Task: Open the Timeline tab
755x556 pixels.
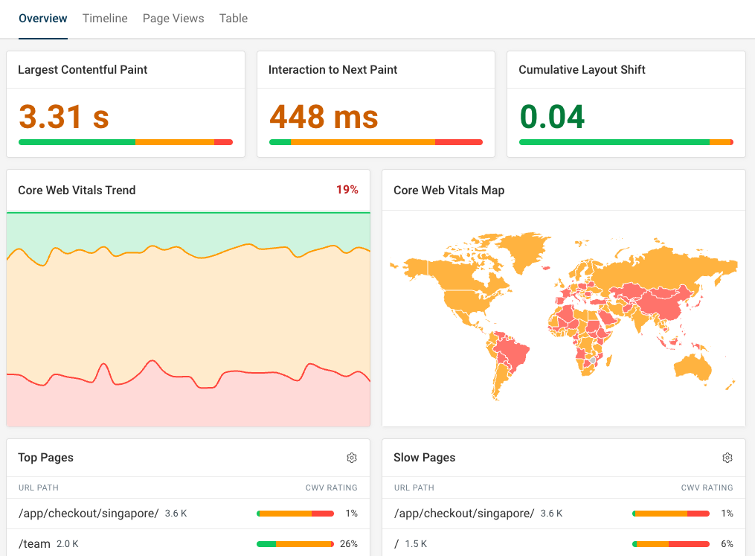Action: click(105, 19)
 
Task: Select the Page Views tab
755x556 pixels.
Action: click(173, 19)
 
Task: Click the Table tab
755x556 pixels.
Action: click(234, 19)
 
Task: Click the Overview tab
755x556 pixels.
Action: click(43, 19)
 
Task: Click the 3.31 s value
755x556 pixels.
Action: click(64, 117)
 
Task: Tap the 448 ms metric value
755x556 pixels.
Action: click(324, 117)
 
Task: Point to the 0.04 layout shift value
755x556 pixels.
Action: click(552, 117)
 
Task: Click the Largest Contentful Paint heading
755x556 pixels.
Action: click(83, 70)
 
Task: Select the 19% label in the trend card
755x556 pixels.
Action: click(347, 190)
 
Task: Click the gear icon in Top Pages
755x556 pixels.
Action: click(352, 458)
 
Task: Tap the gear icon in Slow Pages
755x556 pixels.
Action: click(727, 458)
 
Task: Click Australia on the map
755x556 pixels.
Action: click(693, 365)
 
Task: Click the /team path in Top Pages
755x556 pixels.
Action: click(35, 544)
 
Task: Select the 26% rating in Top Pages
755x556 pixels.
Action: click(349, 544)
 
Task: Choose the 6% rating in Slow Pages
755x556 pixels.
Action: click(727, 544)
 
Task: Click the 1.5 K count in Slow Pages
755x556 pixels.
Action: click(416, 544)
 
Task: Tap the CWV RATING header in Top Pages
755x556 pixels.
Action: click(331, 488)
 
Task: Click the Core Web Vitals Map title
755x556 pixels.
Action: click(449, 191)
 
